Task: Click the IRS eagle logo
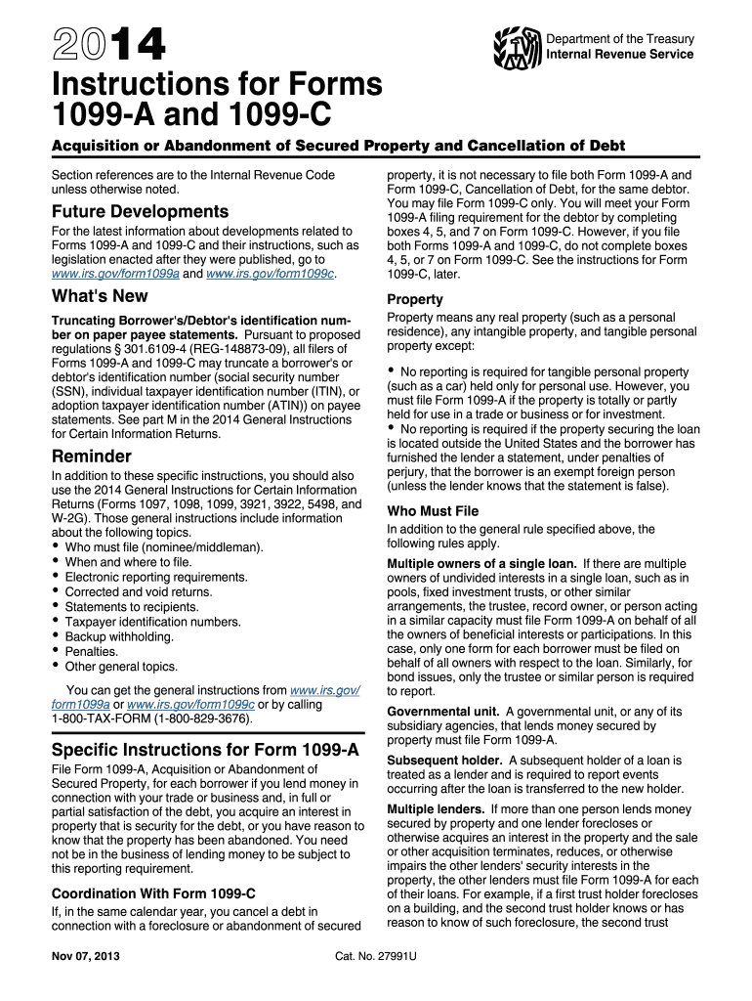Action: (518, 46)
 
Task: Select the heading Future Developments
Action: (140, 211)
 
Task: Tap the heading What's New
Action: (100, 296)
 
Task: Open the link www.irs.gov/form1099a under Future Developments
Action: (114, 274)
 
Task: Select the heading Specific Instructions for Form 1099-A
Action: (205, 750)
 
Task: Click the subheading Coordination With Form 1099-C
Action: (153, 892)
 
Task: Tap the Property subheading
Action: (415, 299)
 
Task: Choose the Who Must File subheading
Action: (433, 510)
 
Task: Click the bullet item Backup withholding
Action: (119, 636)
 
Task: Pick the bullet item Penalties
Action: (92, 651)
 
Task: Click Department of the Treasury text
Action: (620, 39)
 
